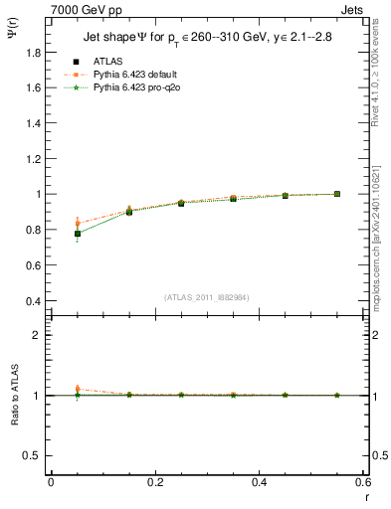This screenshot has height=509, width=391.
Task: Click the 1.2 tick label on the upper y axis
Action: tap(33, 159)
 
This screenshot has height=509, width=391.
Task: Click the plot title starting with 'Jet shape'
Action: tap(209, 39)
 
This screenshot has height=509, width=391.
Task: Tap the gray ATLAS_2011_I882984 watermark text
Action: tap(208, 297)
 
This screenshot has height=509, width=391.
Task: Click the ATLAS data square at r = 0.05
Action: tap(78, 234)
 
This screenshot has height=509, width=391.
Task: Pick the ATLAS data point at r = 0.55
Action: tap(337, 194)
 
